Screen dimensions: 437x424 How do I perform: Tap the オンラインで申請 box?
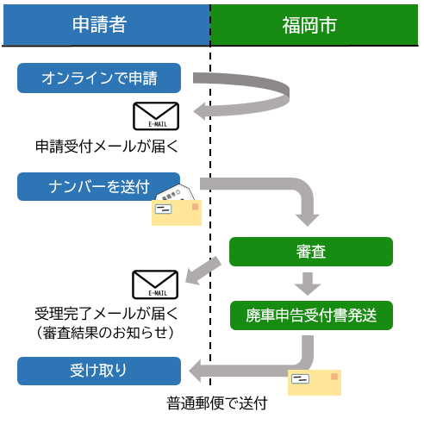99,78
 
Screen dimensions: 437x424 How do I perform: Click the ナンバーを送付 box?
99,186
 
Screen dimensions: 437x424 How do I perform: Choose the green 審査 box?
310,252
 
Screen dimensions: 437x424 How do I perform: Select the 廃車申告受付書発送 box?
310,315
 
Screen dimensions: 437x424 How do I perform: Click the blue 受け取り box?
99,371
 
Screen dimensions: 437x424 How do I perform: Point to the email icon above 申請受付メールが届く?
156,116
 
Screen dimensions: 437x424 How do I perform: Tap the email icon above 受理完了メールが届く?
155,284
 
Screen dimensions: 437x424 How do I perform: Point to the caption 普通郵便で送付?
217,403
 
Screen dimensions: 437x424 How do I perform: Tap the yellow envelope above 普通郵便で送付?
314,382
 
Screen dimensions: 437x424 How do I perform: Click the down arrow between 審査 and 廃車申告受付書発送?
308,284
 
